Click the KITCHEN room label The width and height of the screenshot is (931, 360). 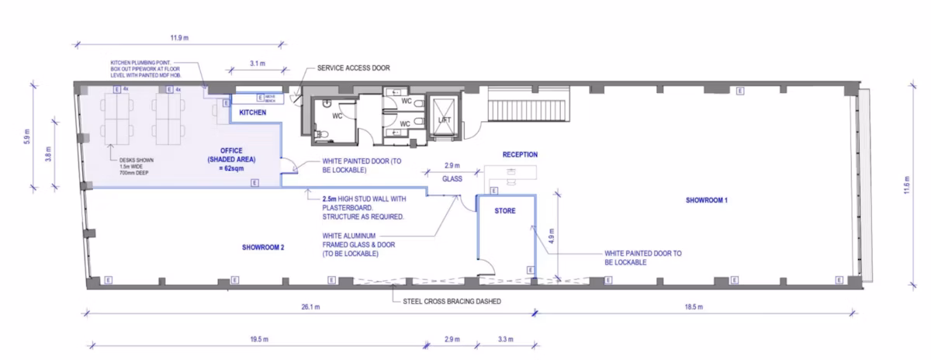tap(253, 113)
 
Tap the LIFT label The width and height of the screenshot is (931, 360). tap(445, 119)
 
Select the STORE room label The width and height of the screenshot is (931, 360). tap(506, 209)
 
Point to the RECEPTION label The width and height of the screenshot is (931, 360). tap(520, 154)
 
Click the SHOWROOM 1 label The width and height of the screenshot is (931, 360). tap(706, 199)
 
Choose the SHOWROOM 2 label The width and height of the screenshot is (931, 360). tap(263, 247)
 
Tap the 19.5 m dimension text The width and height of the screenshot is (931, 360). tap(259, 340)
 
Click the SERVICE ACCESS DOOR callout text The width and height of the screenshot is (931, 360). tap(353, 68)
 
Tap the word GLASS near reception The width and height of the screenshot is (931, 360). tap(453, 178)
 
